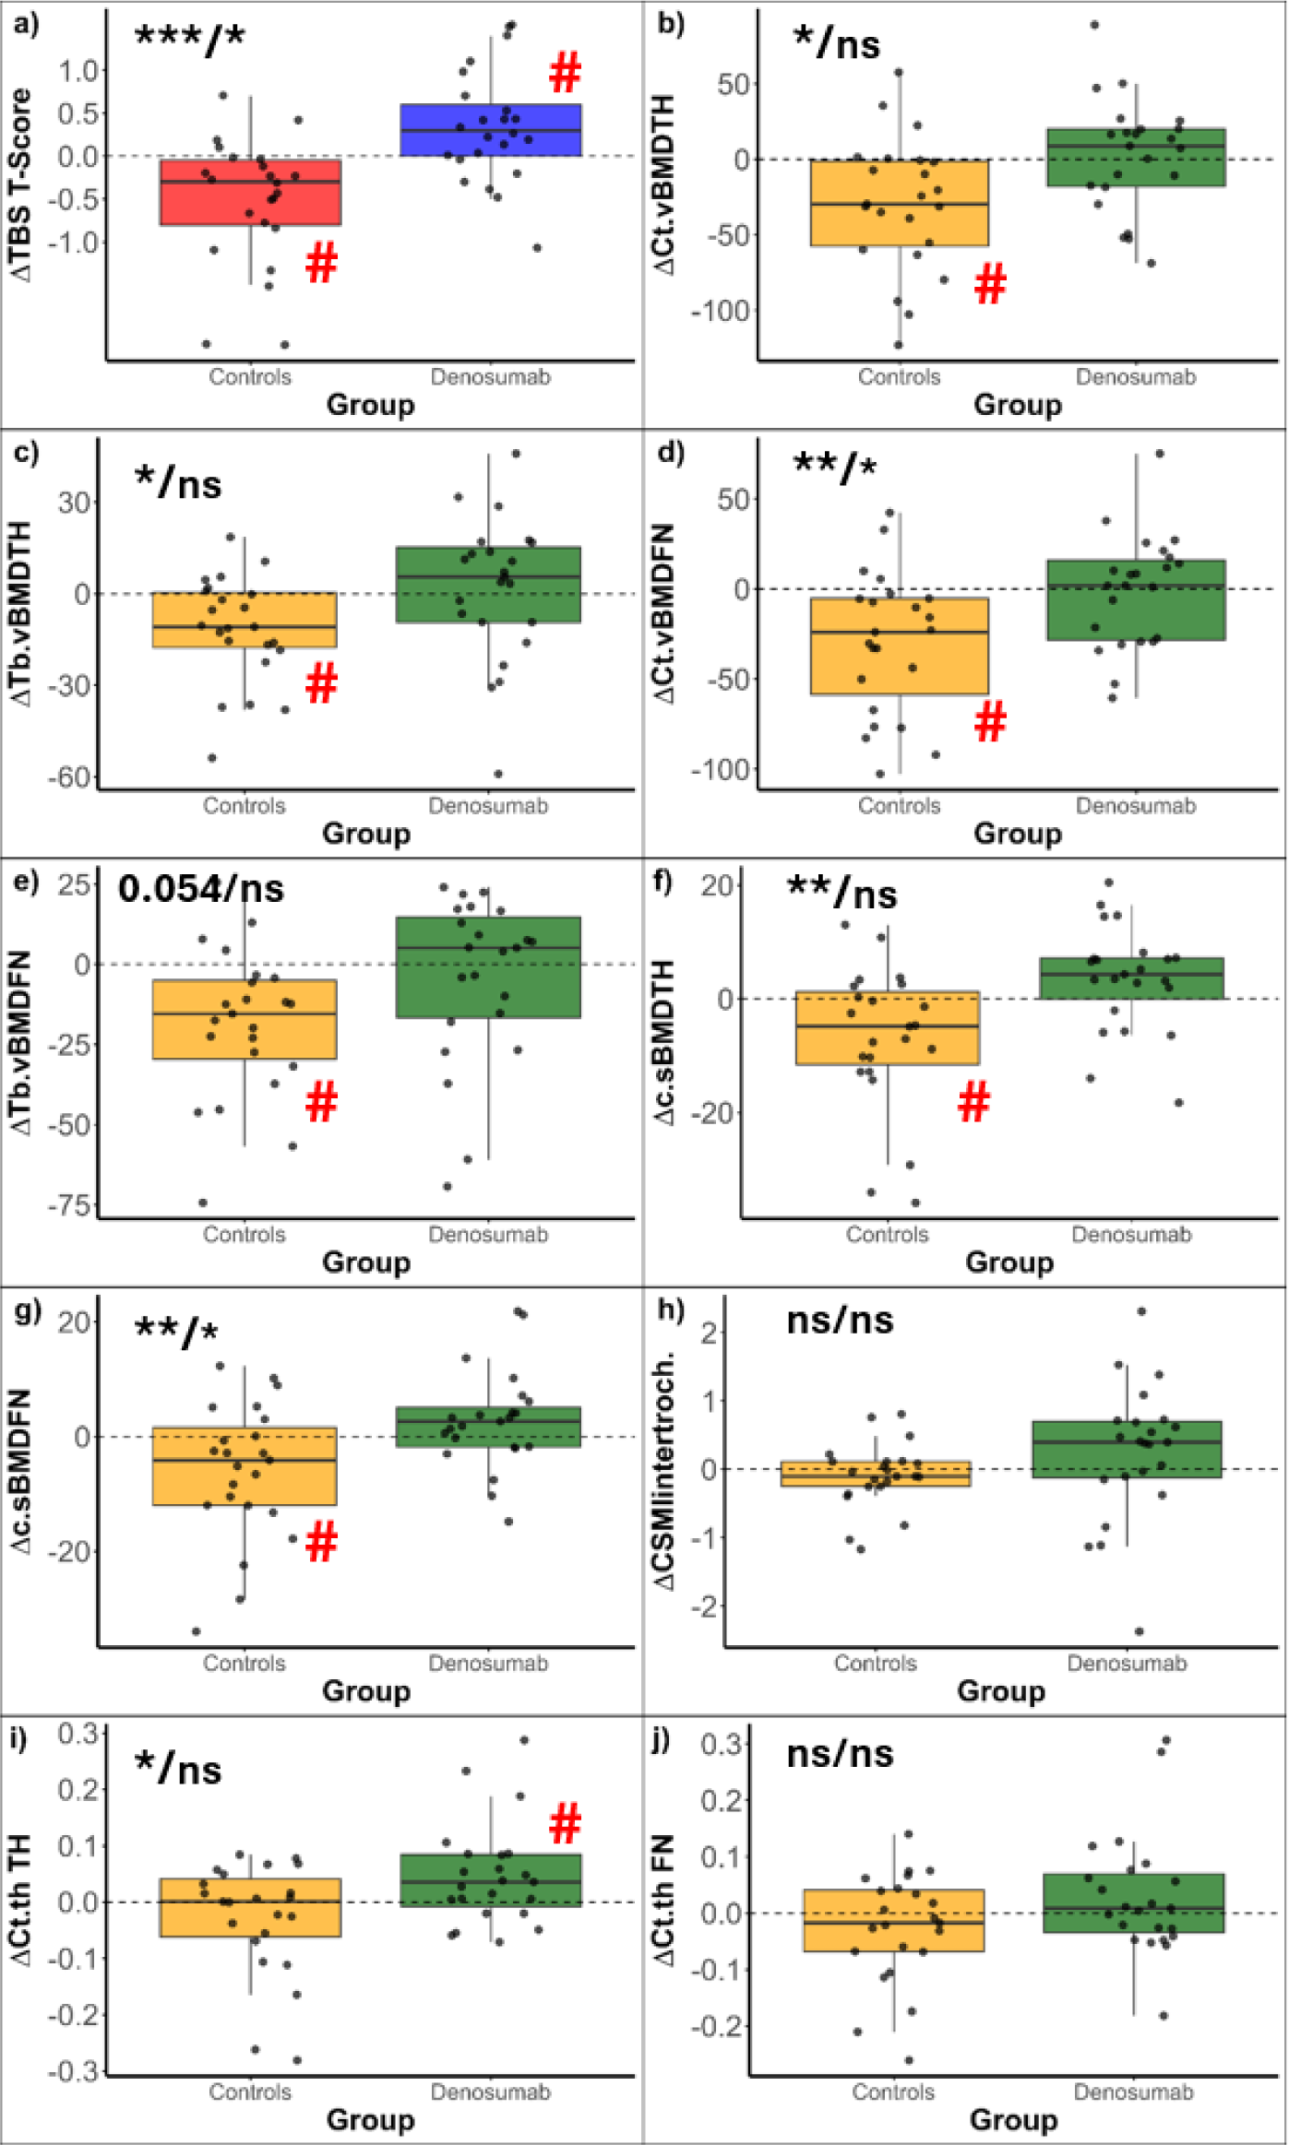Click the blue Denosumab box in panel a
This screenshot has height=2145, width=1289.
coord(490,130)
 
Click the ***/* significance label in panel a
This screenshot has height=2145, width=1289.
coord(190,37)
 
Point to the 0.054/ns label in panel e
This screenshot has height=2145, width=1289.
coord(200,888)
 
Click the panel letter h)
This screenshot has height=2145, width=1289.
coord(670,1310)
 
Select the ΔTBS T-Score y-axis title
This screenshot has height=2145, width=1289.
coord(20,184)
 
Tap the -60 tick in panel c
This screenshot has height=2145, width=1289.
coord(70,776)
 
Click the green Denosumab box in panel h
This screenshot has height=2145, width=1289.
coord(1127,1449)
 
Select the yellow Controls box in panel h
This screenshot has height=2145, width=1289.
coord(875,1473)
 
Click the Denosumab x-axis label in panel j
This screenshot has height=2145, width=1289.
coord(1133,2092)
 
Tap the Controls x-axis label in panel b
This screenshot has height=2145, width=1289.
coord(899,377)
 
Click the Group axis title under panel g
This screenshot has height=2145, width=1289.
coord(366,1690)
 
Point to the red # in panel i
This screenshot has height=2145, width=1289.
coord(565,1824)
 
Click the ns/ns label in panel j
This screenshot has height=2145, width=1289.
coord(840,1753)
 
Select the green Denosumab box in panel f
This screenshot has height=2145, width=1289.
coord(1131,978)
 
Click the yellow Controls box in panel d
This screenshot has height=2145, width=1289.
coord(899,646)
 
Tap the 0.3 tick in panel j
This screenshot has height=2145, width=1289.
coord(721,1744)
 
